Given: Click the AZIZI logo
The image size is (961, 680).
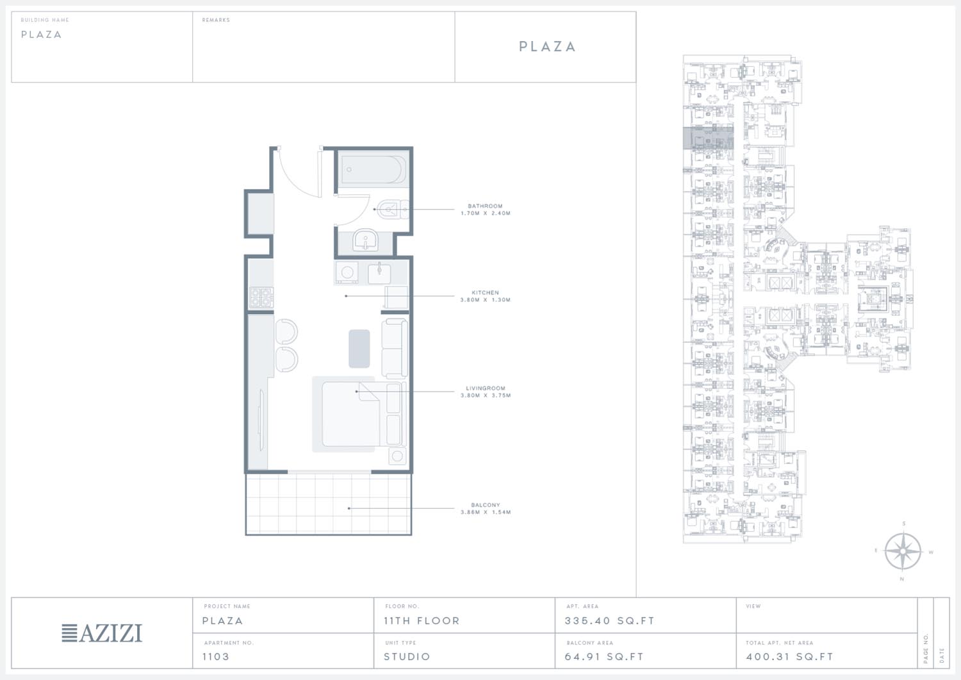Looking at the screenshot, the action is point(102,633).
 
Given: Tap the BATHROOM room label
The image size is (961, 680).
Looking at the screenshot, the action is point(485,206).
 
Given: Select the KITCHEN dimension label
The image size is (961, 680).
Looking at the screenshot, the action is point(485,300).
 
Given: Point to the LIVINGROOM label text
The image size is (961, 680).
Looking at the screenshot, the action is point(485,388).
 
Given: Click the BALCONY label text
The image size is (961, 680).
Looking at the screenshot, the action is point(485,505).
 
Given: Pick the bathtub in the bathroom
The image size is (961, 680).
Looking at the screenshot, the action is point(374,169).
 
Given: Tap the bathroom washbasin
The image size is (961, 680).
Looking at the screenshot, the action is point(366,239).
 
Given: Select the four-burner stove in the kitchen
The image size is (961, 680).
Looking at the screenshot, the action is point(261,297).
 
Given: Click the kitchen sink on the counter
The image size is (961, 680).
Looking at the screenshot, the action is point(379,273).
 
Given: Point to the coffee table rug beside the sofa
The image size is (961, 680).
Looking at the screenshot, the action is point(359,349).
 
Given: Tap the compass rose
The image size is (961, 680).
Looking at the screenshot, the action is point(903,551).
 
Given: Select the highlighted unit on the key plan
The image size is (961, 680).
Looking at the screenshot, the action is point(708,138).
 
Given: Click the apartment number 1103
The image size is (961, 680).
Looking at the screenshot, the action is point(216,656).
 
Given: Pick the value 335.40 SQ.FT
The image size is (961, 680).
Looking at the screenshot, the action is point(609,621).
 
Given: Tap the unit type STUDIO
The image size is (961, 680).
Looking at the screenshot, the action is point(407,656).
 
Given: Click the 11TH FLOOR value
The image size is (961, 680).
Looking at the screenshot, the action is point(422,621).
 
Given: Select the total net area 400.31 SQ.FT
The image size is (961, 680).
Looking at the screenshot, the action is point(789,656).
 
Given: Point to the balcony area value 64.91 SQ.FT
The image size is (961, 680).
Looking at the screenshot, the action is point(604,656).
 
